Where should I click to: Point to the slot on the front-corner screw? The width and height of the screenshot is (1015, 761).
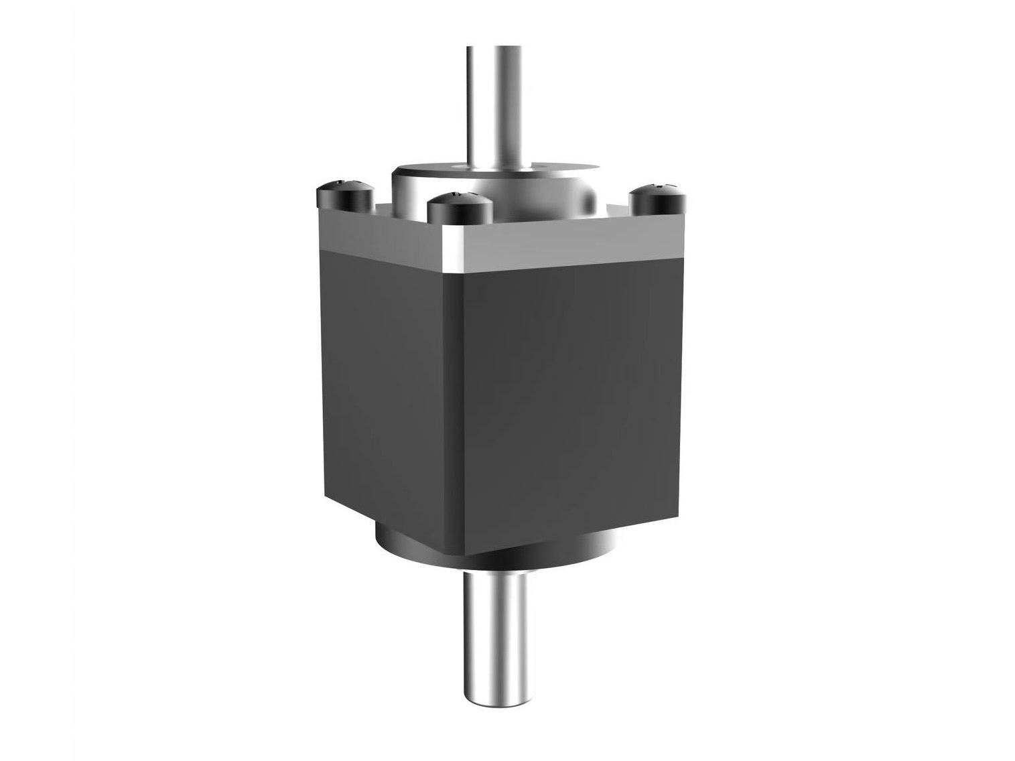pyautogui.click(x=458, y=195)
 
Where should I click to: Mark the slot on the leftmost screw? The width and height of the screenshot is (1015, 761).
pyautogui.click(x=344, y=182)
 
